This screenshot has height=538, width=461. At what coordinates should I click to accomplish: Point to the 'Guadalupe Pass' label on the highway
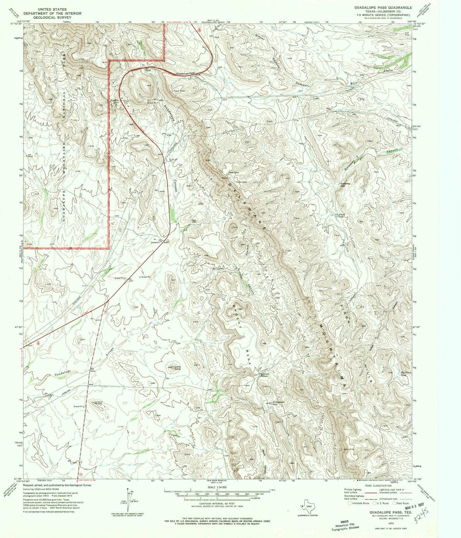tap(185, 73)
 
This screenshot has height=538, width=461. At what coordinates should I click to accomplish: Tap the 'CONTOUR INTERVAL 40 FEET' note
tap(217, 504)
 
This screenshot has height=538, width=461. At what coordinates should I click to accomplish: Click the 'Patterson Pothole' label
tap(264, 375)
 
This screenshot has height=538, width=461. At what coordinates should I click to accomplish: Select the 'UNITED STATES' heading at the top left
tap(52, 9)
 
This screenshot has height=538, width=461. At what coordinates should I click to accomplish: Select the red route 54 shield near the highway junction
tap(106, 312)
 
